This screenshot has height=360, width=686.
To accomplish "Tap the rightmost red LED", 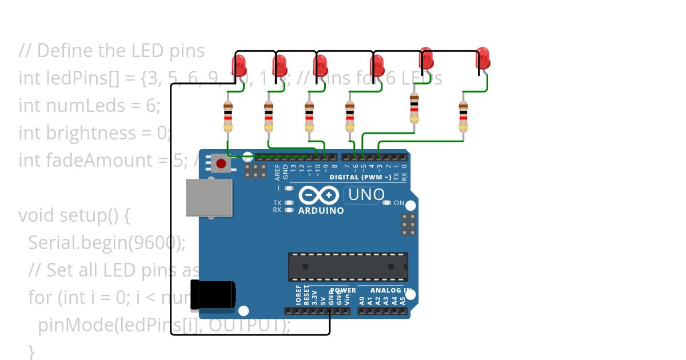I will [x=483, y=58].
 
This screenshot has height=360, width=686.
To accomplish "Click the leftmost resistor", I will [x=228, y=117].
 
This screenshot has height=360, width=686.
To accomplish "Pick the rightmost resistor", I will [x=463, y=117].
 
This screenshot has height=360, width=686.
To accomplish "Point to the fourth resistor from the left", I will [x=350, y=117].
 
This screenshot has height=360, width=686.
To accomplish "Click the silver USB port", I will [x=209, y=198].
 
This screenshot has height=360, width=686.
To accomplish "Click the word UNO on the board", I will [x=366, y=195].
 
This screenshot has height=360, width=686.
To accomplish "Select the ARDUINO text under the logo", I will [x=321, y=211].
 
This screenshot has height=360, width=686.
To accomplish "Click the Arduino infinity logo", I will [x=319, y=195].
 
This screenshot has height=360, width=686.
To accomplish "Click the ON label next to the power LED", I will [x=399, y=203].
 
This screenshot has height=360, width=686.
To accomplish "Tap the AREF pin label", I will [x=278, y=171].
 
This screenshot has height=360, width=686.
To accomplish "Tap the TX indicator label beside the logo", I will [x=277, y=203].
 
